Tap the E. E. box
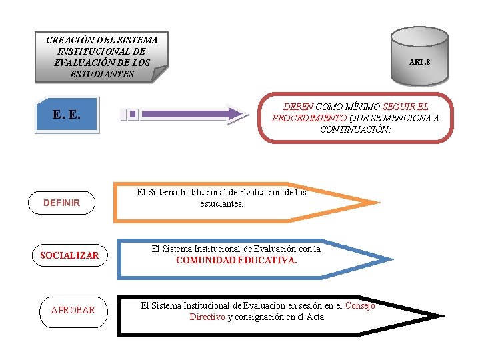67,114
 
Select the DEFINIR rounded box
61,203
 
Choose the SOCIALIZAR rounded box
69,255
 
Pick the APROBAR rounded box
73,310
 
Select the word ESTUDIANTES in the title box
101,74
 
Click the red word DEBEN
298,107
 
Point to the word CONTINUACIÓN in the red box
355,129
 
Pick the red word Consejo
360,306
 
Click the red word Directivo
207,317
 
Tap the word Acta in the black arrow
315,317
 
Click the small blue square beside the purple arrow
133,114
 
